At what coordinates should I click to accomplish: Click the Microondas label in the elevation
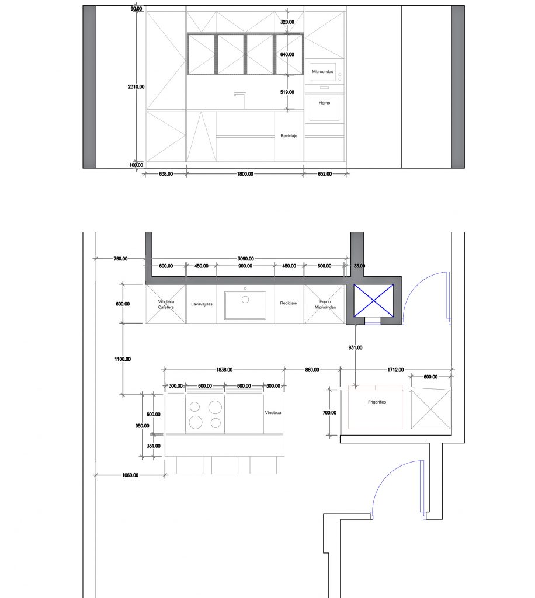tap(322, 71)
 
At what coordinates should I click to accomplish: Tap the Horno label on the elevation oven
tap(325, 103)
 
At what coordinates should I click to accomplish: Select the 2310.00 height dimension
tap(136, 86)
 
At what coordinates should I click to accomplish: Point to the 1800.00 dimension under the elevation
tap(245, 174)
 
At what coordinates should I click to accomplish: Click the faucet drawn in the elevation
tap(241, 100)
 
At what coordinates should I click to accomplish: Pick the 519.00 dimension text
tap(287, 92)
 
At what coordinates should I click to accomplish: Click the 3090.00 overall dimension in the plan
tap(245, 259)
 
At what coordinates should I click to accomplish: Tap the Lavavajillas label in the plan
tap(202, 304)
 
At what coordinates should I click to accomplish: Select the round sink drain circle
tap(245, 300)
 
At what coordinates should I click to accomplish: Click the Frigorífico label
tap(377, 402)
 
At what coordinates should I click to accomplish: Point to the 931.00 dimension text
tap(355, 347)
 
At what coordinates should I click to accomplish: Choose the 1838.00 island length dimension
tap(224, 370)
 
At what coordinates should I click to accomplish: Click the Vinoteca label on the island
tap(273, 413)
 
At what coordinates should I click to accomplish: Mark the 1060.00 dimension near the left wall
tap(130, 475)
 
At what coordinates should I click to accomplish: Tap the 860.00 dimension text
tap(312, 370)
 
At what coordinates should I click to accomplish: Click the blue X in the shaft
tap(374, 301)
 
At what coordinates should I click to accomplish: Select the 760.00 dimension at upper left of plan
tap(120, 259)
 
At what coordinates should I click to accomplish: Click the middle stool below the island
tap(225, 465)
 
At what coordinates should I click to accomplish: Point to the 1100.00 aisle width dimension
tap(123, 359)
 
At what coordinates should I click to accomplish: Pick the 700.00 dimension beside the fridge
tap(329, 413)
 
